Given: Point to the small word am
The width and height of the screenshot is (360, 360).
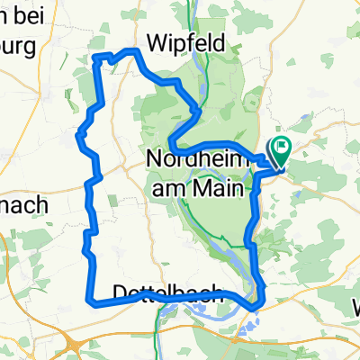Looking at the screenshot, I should tap(169, 187).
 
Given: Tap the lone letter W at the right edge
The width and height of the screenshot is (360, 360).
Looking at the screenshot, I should tap(354, 303).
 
